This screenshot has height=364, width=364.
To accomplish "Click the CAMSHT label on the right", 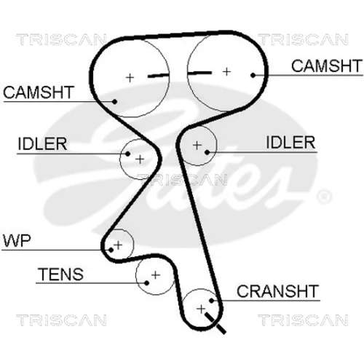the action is (327, 66).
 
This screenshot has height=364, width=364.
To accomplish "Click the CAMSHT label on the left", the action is (39, 92).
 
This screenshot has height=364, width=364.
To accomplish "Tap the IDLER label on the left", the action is (42, 144).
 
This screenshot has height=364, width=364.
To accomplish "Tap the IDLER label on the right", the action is (290, 143).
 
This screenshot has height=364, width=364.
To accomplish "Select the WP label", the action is (17, 241).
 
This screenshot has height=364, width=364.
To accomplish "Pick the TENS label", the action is (60, 274).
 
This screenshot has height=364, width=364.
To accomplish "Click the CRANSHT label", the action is (277, 291).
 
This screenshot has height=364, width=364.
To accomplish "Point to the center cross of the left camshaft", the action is (130, 78).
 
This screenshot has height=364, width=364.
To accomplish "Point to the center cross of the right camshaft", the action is (226, 71).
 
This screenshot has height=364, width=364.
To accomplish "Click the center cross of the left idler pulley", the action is (140, 159).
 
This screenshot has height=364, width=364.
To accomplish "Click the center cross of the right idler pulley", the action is (197, 146).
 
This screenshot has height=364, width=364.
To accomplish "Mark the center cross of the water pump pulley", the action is (119, 245).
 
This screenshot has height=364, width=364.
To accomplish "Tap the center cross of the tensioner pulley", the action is (156, 275).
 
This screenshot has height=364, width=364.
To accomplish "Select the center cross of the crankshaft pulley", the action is (201, 309).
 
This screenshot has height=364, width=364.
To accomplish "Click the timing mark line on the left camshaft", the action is (158, 76).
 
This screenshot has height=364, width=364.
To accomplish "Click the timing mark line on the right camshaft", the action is (199, 73).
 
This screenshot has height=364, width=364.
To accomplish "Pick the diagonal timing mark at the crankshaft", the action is (215, 323).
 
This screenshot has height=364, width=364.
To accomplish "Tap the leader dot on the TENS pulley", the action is (146, 283).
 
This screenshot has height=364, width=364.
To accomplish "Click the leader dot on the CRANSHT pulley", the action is (211, 301).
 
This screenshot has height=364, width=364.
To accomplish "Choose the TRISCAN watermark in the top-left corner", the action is (61, 40).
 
